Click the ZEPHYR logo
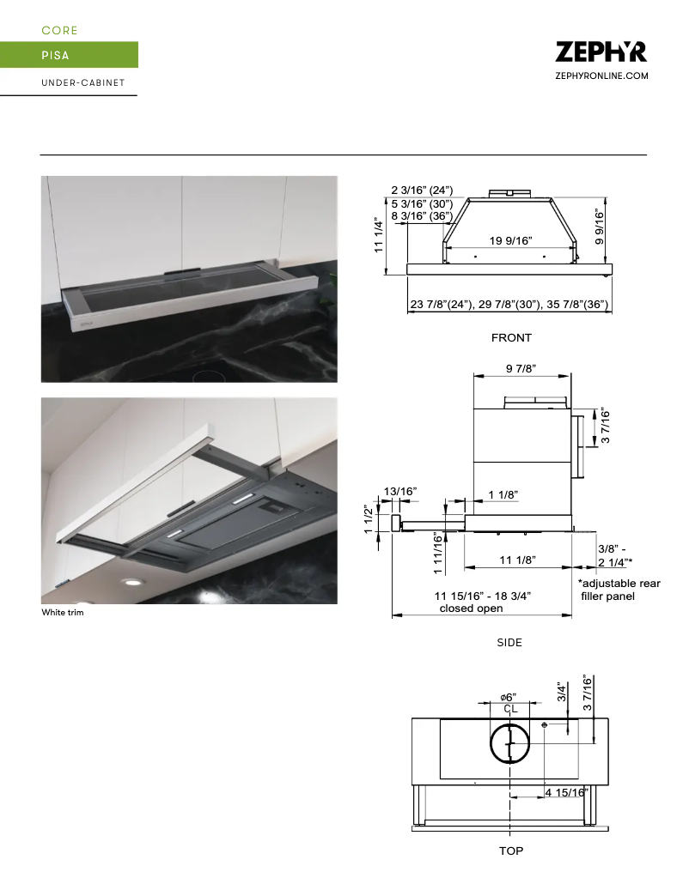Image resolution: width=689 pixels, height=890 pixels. pos(601,51)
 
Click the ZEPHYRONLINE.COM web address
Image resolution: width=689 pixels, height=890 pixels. pos(601,76)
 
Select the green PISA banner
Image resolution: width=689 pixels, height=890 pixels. pos(69,55)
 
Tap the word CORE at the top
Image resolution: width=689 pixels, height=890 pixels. pos(60,30)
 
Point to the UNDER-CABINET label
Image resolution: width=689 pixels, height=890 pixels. pos(83,83)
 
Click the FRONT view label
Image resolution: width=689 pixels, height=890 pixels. pos(511,338)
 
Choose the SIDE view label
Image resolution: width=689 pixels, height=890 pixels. pos(509,642)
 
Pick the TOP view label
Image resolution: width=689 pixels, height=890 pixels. pos(511,851)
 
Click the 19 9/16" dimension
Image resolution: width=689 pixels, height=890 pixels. pos(510,241)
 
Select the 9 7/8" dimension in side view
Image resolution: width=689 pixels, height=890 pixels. pos(521,368)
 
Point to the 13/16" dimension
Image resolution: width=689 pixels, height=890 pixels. pos(400,491)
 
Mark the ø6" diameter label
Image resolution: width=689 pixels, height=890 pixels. pos(509,696)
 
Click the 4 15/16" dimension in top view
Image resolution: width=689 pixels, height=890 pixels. pos(566,792)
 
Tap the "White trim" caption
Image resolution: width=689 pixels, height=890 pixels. pos(63,613)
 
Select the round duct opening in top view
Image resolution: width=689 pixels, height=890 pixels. pos(510,742)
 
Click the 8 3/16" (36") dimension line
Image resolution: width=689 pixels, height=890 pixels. pos(423,216)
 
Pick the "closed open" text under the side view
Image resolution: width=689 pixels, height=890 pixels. pos(472,608)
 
